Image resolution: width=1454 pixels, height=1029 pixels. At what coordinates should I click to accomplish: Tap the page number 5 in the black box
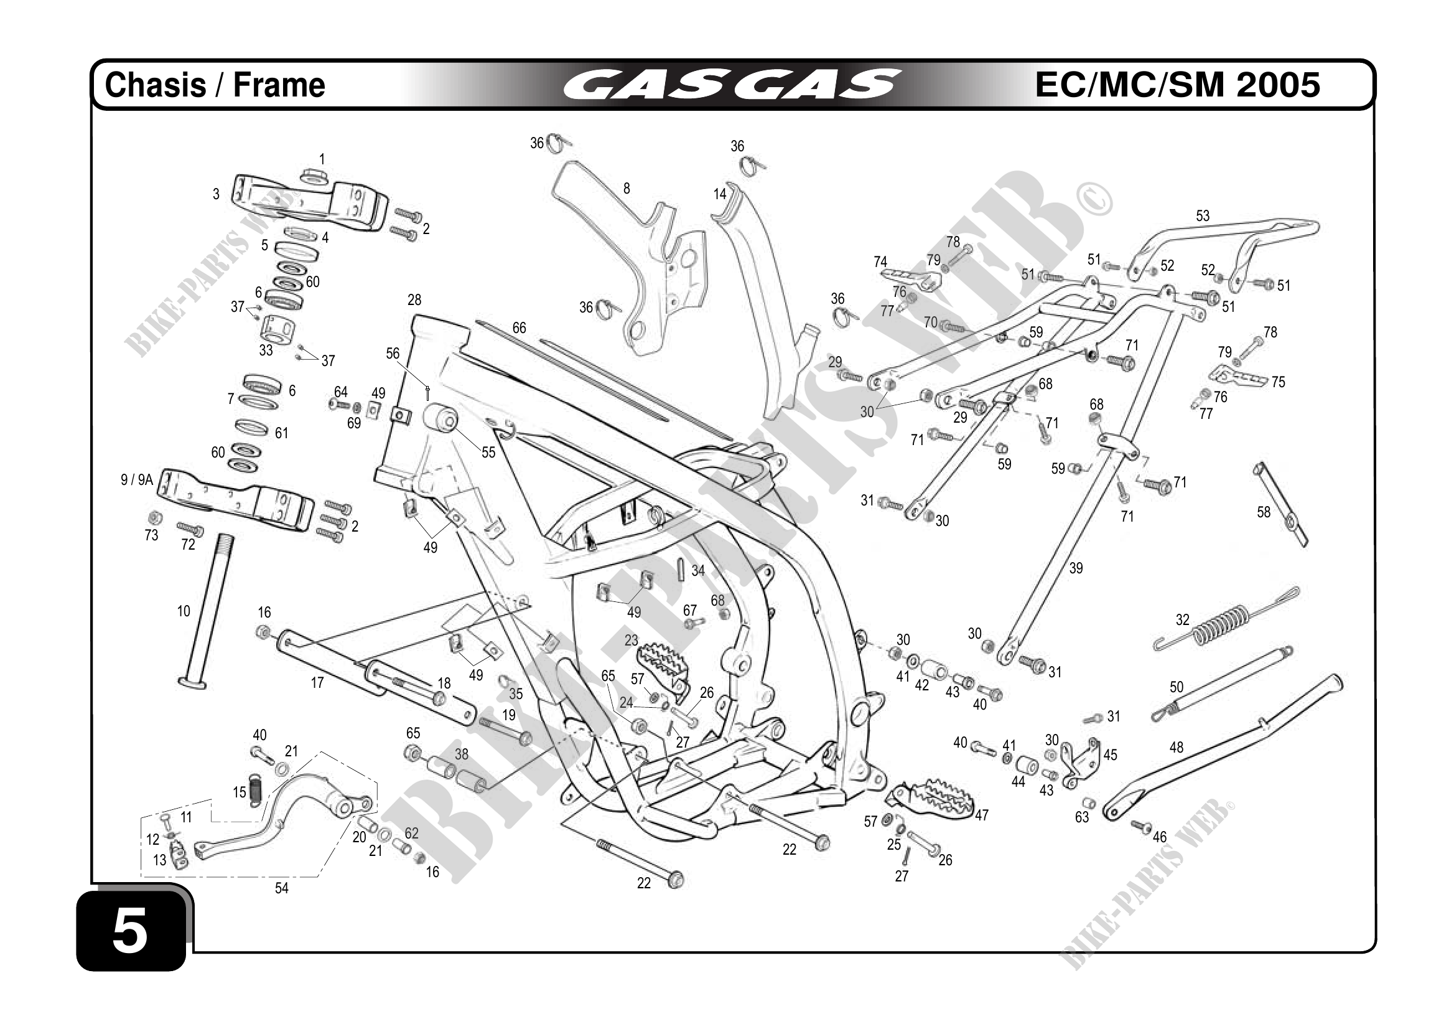(x=131, y=930)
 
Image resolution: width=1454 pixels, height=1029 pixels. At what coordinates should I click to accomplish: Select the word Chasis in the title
(x=155, y=85)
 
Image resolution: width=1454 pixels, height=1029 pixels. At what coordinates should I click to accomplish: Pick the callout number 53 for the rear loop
(x=1203, y=216)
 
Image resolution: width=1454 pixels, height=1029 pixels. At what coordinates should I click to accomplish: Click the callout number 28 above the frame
(x=414, y=299)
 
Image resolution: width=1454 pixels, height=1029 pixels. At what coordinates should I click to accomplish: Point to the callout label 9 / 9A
(x=137, y=480)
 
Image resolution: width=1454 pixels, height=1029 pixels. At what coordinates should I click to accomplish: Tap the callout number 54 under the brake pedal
(x=281, y=888)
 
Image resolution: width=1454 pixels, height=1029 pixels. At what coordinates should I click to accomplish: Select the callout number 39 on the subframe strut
(x=1076, y=568)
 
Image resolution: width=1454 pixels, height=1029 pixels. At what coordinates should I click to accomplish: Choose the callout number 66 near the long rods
(x=519, y=327)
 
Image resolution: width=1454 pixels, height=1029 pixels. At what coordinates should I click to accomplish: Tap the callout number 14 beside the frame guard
(x=719, y=194)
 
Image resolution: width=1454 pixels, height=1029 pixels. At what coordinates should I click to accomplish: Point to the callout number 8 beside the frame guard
(x=627, y=188)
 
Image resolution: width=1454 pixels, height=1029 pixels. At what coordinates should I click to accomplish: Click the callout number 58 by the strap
(x=1264, y=512)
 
